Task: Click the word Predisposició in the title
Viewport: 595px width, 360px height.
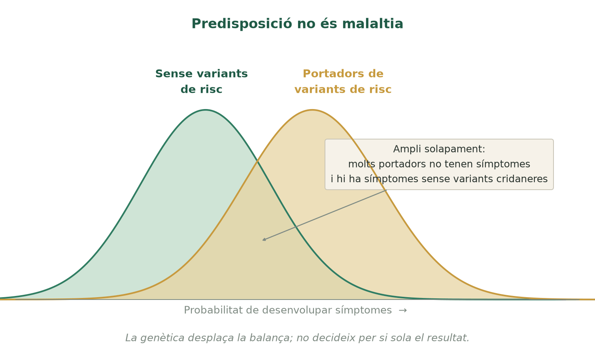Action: coord(242,24)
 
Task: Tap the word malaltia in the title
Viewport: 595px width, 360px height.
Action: coord(373,24)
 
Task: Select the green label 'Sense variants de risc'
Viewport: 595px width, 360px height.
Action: coord(201,81)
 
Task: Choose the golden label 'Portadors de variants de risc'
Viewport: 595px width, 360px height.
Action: coord(343,81)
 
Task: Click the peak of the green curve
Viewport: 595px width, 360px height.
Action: coord(205,109)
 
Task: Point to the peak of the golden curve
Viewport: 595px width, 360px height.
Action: coord(312,109)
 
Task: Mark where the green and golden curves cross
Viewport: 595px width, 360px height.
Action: coord(257,161)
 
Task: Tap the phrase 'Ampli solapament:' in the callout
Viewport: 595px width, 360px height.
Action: coord(439,149)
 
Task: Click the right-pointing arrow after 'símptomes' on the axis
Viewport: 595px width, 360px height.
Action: coord(403,310)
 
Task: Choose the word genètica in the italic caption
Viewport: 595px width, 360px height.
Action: coord(162,338)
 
